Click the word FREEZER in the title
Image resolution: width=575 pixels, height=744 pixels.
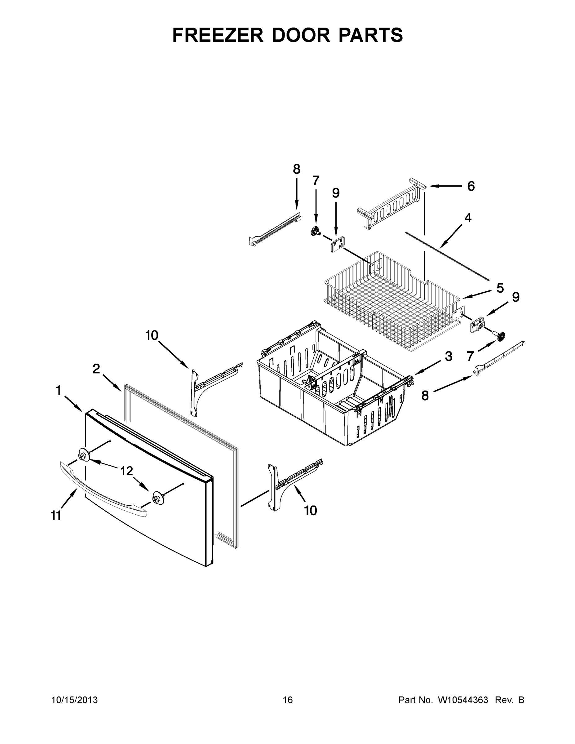pos(218,35)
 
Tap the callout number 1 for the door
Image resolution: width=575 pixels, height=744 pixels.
pos(58,391)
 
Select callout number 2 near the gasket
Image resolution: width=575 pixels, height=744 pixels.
pos(96,369)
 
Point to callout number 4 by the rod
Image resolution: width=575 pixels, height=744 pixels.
pos(468,218)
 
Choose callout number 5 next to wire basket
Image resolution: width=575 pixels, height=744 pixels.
pos(500,288)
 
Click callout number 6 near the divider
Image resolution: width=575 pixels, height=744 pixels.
pos(471,186)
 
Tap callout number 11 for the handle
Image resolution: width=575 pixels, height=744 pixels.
pos(56,516)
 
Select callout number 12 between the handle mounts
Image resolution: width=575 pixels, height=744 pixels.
pos(126,471)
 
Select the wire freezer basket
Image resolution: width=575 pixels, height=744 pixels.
pos(392,303)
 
